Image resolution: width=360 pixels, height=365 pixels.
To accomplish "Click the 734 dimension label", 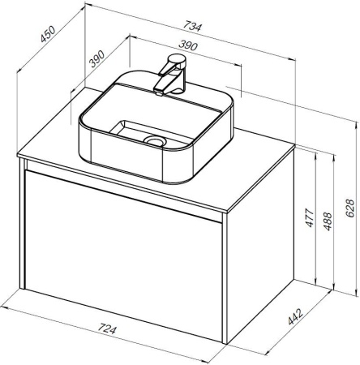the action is (x=192, y=27).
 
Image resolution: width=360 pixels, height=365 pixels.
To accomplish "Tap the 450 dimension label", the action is (x=48, y=34).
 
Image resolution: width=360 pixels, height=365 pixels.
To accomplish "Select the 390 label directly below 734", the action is (x=188, y=45).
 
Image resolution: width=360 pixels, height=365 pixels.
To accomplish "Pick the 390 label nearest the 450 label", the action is (x=96, y=58).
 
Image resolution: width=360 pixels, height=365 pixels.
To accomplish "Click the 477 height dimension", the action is (x=310, y=217).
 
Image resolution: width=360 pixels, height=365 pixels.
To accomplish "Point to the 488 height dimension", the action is (x=328, y=221).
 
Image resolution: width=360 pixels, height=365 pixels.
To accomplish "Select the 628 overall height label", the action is (x=350, y=208).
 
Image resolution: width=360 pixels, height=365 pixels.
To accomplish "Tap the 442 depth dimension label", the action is (x=295, y=317).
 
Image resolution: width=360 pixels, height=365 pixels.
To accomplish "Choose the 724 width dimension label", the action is (x=107, y=328).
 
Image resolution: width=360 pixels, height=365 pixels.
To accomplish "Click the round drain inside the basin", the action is (x=155, y=140).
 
